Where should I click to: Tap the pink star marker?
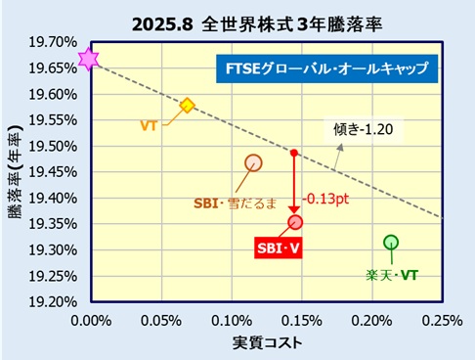(89, 60)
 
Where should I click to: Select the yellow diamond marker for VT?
(188, 105)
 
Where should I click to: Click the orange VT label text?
(150, 125)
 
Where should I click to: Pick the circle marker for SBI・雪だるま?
(254, 162)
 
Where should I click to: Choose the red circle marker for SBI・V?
(295, 222)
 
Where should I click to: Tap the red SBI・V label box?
(279, 248)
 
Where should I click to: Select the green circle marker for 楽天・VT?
(391, 242)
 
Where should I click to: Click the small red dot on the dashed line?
(294, 153)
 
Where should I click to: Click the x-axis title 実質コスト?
(266, 342)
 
